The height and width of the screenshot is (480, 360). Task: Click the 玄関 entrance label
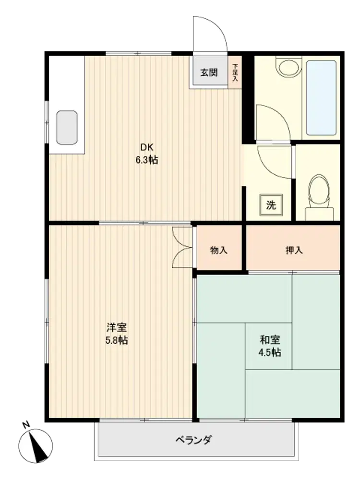209,72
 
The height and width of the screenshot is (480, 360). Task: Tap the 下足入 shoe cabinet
235,72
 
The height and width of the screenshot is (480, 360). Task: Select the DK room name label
146,147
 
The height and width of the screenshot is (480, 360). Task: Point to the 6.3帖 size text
147,160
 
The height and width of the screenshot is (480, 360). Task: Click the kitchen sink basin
67,128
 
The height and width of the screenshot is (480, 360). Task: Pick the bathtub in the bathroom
322,98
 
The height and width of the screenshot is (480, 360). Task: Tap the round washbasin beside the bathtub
289,67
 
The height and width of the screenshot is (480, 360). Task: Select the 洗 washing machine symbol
271,205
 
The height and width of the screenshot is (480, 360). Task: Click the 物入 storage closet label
218,250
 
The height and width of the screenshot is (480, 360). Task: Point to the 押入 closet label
294,250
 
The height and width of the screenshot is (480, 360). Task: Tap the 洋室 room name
117,327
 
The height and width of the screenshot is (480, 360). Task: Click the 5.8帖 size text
117,340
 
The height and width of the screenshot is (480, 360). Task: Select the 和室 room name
270,339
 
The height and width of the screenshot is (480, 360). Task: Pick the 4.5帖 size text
270,352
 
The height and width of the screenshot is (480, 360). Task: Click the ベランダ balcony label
193,440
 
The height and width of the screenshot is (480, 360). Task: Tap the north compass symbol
36,446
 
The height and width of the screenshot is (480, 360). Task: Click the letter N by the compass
26,425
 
